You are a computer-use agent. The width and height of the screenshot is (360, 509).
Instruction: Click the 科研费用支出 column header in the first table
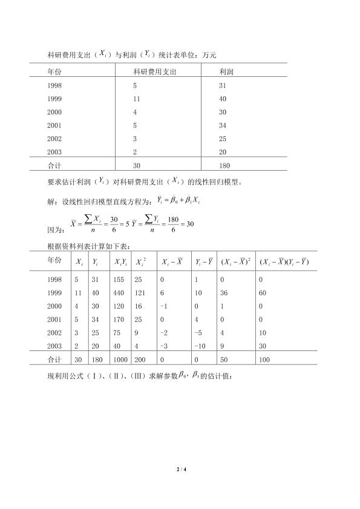click(x=155, y=71)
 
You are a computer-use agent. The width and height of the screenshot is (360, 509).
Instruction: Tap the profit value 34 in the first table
click(x=223, y=126)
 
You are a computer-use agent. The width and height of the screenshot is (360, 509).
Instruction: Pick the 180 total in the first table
click(x=224, y=165)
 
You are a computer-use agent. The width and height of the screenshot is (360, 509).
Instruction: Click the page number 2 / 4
click(x=180, y=468)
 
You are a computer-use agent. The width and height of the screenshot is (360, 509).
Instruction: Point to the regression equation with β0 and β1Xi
click(x=178, y=199)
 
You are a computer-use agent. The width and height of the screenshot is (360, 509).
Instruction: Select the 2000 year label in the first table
click(x=54, y=113)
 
